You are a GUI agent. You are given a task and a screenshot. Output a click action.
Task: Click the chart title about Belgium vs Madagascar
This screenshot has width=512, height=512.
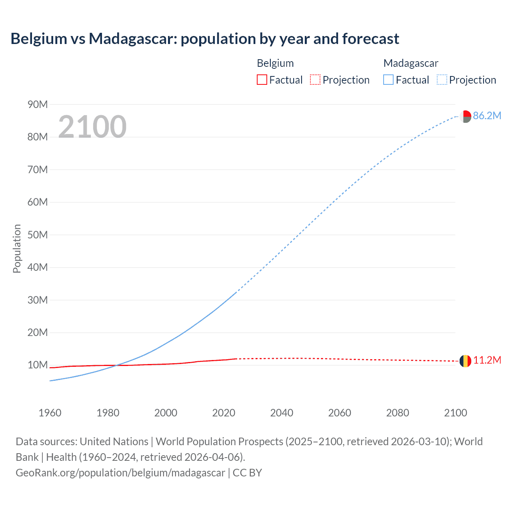205,39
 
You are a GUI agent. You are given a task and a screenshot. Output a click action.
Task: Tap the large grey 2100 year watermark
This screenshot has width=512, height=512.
92,127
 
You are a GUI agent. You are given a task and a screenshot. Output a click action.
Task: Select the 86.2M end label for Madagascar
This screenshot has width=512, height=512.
487,116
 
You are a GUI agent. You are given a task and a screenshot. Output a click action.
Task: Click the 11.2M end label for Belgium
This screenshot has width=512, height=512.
487,360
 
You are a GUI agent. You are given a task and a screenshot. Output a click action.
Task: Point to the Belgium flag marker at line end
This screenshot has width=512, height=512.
465,361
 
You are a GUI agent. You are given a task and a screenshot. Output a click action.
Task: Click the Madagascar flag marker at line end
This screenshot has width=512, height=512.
465,116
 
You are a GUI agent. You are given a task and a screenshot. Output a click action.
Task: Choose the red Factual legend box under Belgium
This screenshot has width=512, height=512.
262,80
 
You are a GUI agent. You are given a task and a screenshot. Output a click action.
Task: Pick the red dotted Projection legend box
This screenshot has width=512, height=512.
315,80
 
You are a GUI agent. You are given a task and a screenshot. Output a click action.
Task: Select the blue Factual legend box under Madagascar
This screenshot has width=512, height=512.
388,80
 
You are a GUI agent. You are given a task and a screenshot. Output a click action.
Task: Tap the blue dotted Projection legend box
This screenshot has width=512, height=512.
442,80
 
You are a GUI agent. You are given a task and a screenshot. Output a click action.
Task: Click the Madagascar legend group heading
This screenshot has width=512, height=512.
411,63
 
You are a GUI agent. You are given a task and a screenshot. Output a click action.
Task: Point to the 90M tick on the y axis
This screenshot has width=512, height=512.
38,104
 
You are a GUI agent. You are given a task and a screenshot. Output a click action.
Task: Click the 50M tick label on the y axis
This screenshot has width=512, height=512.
38,235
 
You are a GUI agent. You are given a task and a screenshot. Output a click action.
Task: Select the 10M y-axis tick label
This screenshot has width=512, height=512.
38,365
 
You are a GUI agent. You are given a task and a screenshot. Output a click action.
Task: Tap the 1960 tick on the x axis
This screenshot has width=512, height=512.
50,413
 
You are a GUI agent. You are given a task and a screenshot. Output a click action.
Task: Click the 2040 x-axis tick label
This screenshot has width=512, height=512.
282,413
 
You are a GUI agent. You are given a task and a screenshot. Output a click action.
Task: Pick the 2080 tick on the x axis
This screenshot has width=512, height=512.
398,413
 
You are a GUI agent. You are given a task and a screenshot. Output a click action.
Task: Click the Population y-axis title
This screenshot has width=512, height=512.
17,248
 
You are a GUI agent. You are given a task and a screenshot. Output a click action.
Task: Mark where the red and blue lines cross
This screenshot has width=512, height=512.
116,365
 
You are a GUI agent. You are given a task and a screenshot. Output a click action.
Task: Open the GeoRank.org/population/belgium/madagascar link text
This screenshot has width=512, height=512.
120,472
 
